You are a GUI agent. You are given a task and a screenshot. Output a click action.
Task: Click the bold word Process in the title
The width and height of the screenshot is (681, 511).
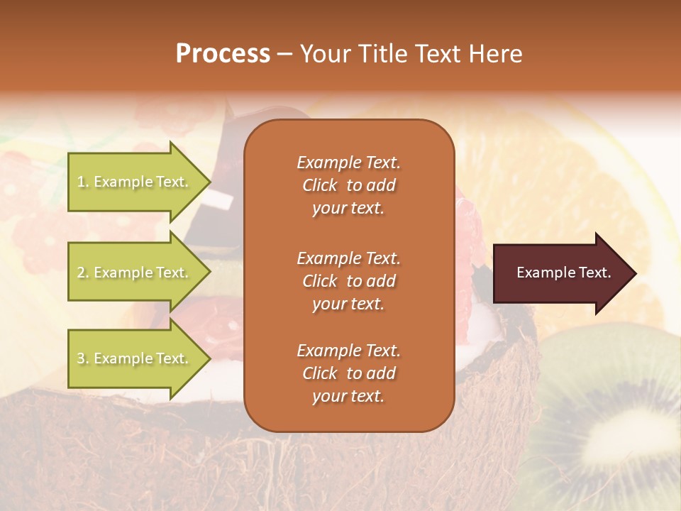pyautogui.click(x=223, y=54)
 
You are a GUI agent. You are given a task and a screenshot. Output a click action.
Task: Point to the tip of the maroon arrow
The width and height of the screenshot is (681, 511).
pyautogui.click(x=635, y=273)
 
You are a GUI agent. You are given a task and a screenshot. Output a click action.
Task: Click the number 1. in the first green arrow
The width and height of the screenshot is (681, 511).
pyautogui.click(x=83, y=182)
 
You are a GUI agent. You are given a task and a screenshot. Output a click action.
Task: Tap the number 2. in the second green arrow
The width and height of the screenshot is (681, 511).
pyautogui.click(x=83, y=273)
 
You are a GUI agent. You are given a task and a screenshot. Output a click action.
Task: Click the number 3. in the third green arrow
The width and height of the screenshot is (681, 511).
pyautogui.click(x=83, y=358)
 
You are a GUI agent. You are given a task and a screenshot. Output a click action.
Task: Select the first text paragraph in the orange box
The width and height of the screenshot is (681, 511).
pyautogui.click(x=348, y=185)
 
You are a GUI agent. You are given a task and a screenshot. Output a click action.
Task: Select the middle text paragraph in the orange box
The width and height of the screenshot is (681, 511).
pyautogui.click(x=348, y=281)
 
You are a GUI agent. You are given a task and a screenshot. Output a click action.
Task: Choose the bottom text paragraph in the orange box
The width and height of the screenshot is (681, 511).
pyautogui.click(x=348, y=373)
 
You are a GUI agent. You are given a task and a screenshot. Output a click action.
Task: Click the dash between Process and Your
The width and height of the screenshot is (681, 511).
pyautogui.click(x=284, y=55)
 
